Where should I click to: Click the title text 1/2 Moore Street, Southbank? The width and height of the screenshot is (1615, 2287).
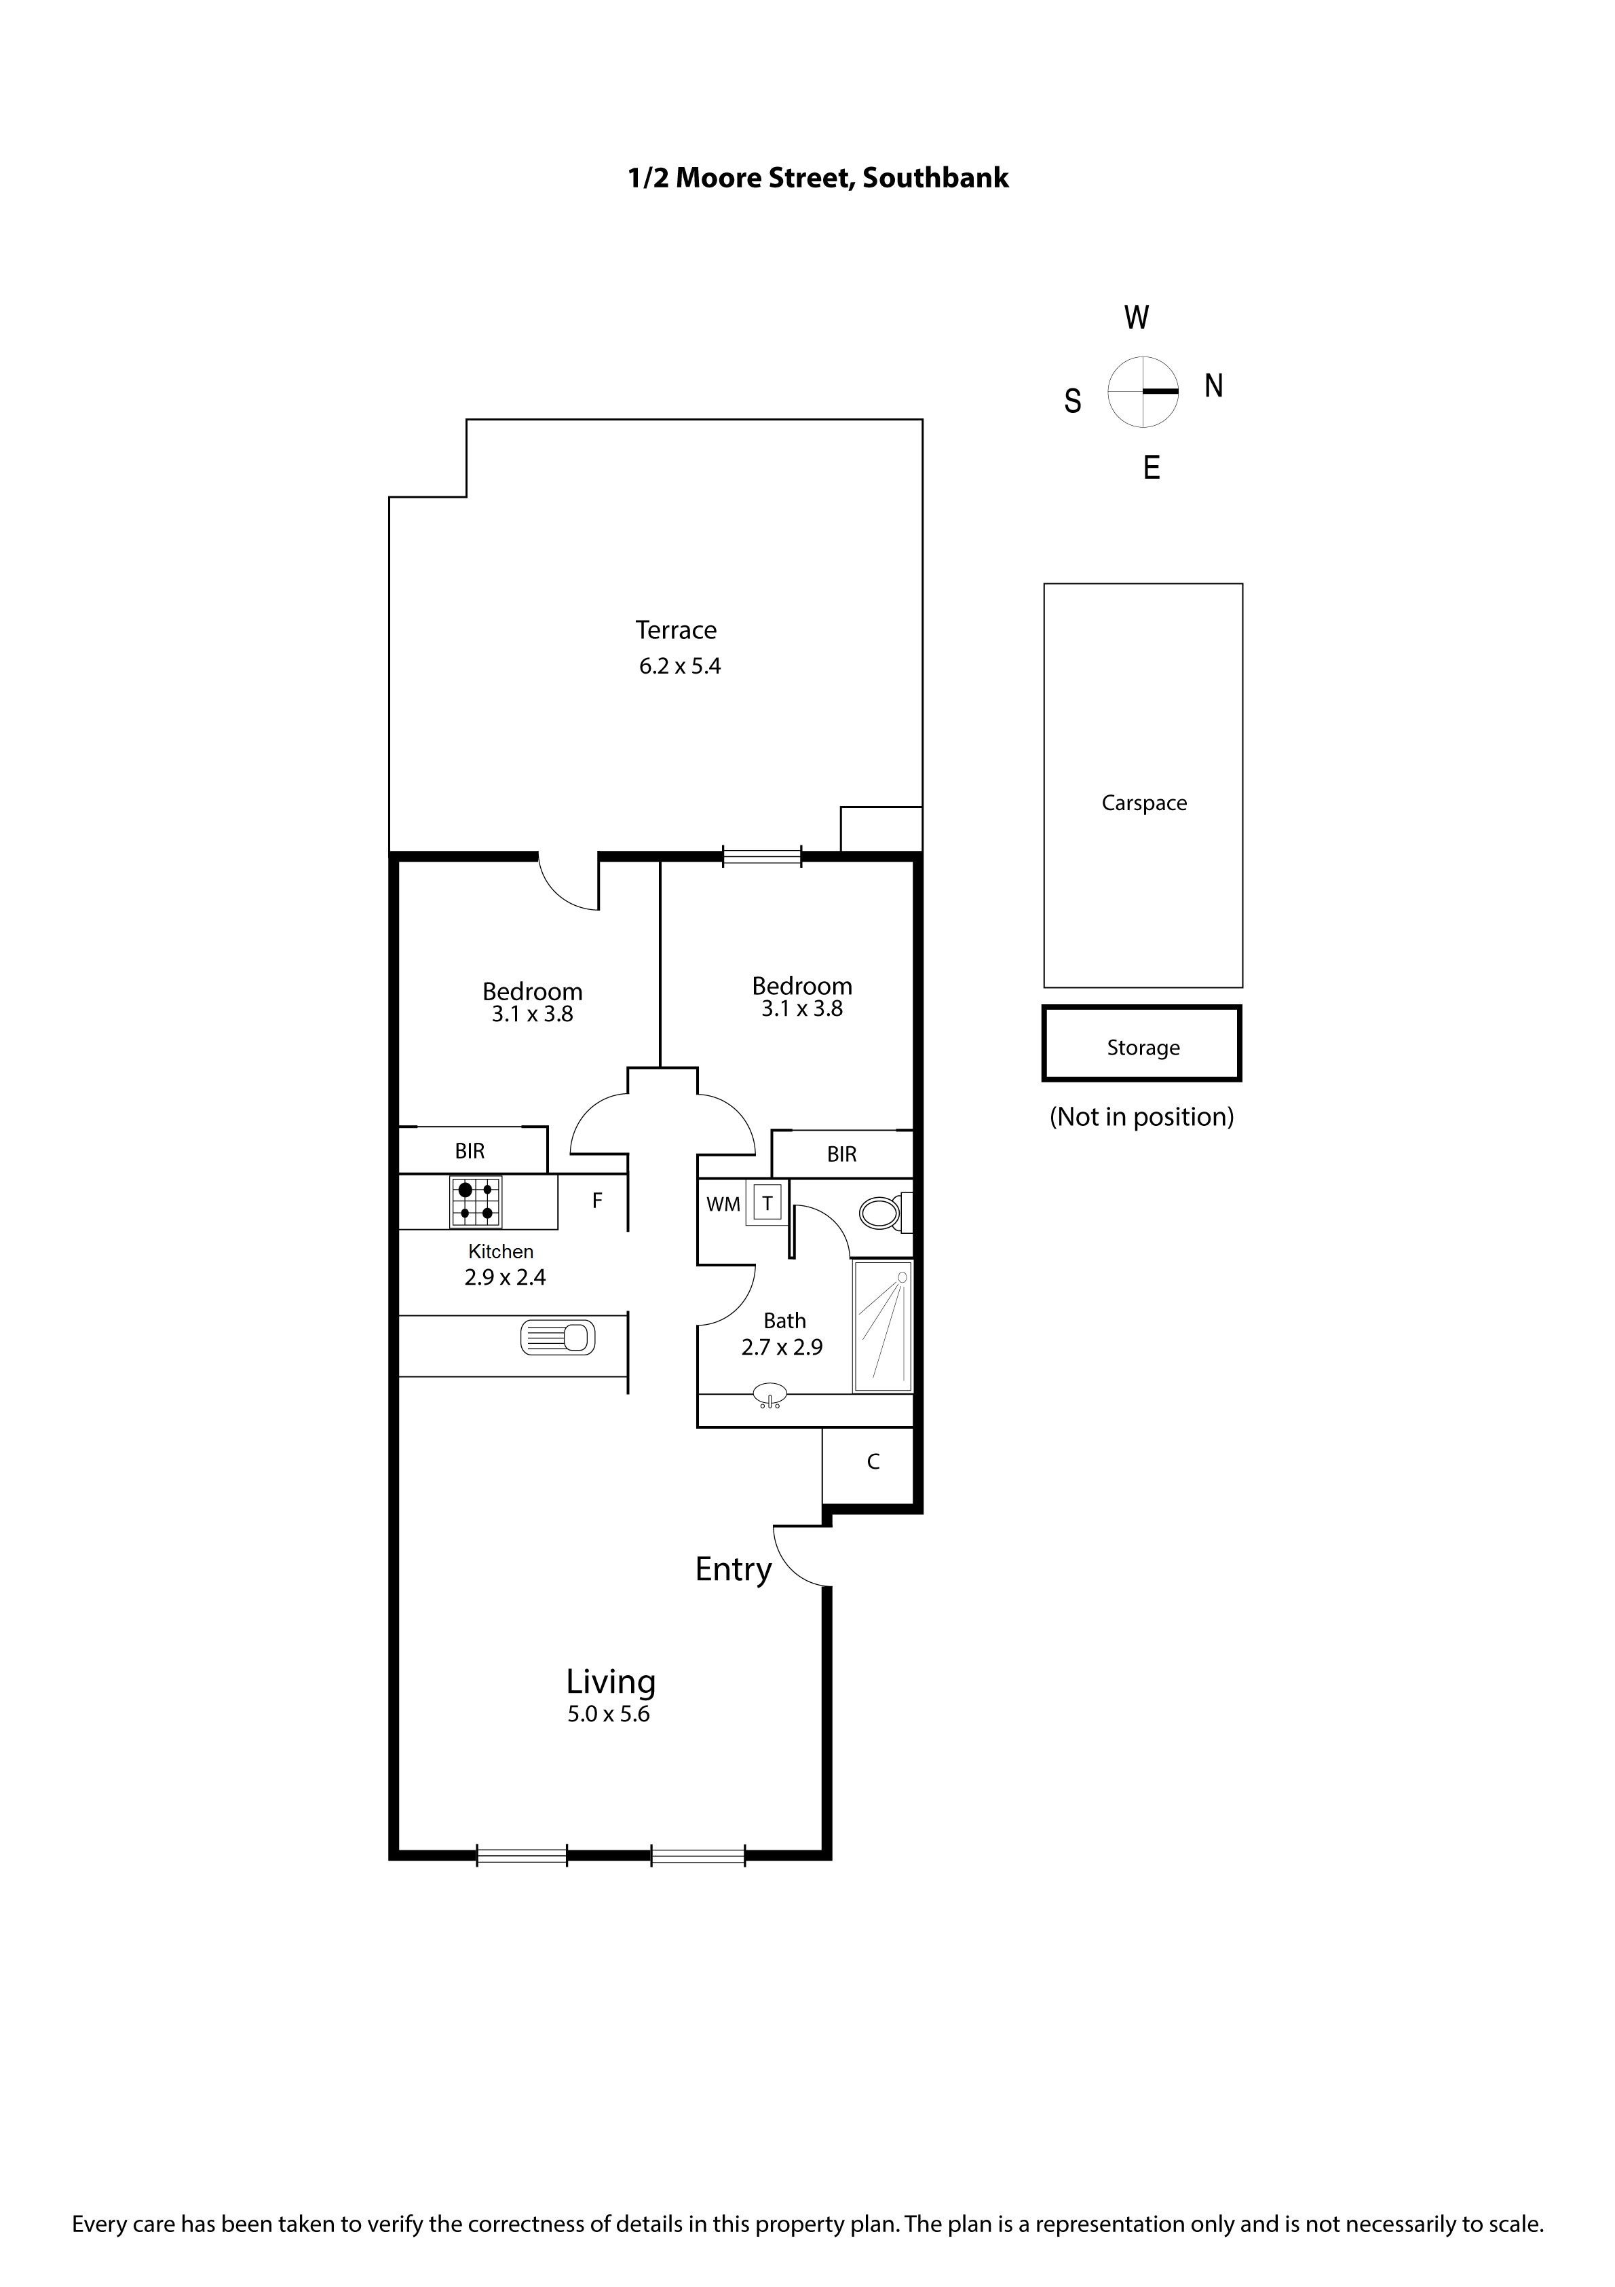coord(818,179)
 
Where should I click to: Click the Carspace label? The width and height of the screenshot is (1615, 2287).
coord(1144,803)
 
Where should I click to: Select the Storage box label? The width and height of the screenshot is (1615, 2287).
coord(1143,1048)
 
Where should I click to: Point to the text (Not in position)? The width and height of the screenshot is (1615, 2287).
coord(1142,1116)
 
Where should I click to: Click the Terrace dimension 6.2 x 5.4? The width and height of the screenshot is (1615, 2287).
coord(680,666)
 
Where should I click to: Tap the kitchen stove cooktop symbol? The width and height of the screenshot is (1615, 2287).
coord(476,1203)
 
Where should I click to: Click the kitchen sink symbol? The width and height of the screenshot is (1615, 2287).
coord(558,1337)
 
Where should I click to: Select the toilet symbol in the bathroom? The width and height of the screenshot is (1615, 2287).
coord(884,1212)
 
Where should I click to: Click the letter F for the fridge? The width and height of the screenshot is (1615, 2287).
coord(597,1201)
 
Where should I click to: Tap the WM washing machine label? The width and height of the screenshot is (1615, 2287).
coord(724,1204)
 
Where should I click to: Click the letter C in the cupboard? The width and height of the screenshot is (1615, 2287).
coord(873,1461)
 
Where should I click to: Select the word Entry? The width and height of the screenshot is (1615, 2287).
coord(734,1570)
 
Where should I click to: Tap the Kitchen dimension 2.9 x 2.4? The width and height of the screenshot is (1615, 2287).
coord(505,1277)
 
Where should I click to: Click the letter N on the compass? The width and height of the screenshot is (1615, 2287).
coord(1214,386)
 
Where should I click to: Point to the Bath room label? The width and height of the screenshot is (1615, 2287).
coord(784,1321)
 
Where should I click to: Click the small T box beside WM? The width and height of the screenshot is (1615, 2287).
coord(767,1203)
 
